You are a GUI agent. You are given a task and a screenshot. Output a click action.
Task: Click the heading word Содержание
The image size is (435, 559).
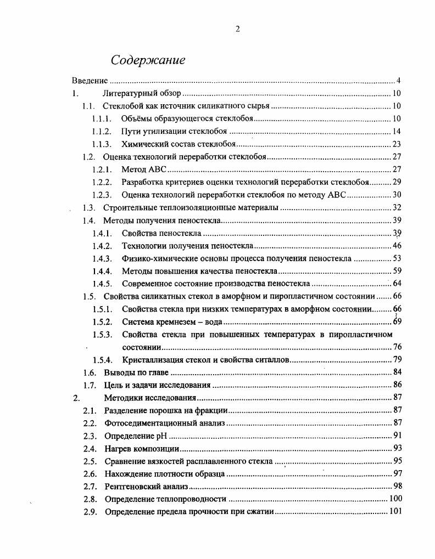[x=148, y=60]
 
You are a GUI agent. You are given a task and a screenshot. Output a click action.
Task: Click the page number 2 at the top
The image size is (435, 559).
[x=237, y=30]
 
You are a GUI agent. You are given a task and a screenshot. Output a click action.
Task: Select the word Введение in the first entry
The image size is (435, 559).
[x=90, y=81]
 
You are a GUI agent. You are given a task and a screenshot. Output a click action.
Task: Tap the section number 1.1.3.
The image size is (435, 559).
[x=102, y=144]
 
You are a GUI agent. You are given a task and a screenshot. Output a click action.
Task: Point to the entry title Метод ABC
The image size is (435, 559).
[x=144, y=170]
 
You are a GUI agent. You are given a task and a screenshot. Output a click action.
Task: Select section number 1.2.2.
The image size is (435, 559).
[x=102, y=182]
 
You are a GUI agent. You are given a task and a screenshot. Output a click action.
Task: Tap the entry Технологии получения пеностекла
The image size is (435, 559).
[x=187, y=245]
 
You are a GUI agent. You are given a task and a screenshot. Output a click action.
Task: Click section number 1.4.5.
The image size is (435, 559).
[x=102, y=284]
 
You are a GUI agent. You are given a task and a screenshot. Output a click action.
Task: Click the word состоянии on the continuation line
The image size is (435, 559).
[x=142, y=347]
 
